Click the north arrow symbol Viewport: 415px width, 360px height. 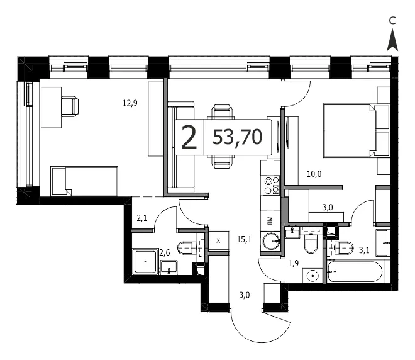coord(392,40)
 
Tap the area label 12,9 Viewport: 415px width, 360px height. coord(130,103)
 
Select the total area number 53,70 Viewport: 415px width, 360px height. coord(237,137)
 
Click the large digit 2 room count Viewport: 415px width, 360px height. coord(189,137)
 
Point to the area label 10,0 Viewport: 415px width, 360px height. coord(314,174)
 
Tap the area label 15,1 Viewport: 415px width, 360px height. coord(245,240)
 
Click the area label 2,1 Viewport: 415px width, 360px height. coord(141,218)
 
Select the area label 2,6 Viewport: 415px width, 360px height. coord(164,253)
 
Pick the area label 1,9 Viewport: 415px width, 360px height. coord(294,263)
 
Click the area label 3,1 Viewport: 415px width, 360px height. coord(364,250)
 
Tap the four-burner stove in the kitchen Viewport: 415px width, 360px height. coord(271,186)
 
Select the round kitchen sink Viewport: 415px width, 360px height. coord(271,241)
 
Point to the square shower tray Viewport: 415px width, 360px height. coord(145,262)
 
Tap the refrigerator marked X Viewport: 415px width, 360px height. coord(218,241)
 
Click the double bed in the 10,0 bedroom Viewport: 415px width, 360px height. coord(357,131)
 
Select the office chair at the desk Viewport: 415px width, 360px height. coord(70,106)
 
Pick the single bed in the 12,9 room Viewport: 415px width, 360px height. coord(84,181)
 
